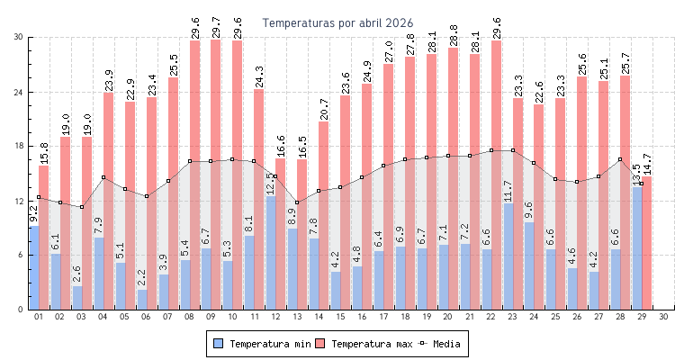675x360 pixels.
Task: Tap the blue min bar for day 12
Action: click(271, 253)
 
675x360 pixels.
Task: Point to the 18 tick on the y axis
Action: click(19, 147)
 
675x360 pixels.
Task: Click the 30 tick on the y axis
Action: click(19, 37)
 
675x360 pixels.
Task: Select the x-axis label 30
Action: click(663, 317)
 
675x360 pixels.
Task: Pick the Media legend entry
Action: click(445, 344)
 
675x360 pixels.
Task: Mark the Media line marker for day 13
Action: click(296, 202)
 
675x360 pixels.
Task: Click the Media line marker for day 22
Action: click(491, 150)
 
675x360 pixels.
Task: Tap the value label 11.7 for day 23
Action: click(508, 192)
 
